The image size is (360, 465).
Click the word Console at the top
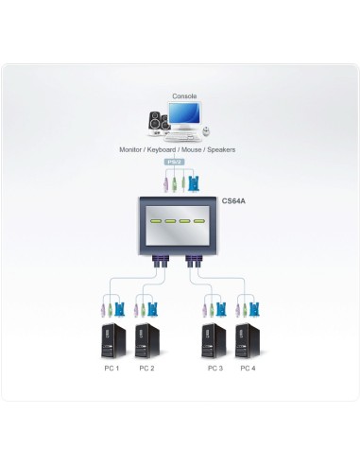[x=183, y=95]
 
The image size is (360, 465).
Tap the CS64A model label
[x=233, y=200]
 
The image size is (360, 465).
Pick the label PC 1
[x=111, y=368]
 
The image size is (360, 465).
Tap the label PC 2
[x=146, y=368]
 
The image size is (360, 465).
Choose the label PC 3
[x=214, y=368]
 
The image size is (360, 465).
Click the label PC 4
[x=249, y=368]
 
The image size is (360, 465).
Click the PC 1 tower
[x=111, y=342]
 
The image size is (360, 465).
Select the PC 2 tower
[x=146, y=342]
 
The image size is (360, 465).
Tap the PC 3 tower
[x=214, y=342]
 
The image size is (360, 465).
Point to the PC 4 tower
[x=249, y=342]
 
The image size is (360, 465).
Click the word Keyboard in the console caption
[x=166, y=149]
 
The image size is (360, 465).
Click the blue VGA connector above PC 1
[x=121, y=308]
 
